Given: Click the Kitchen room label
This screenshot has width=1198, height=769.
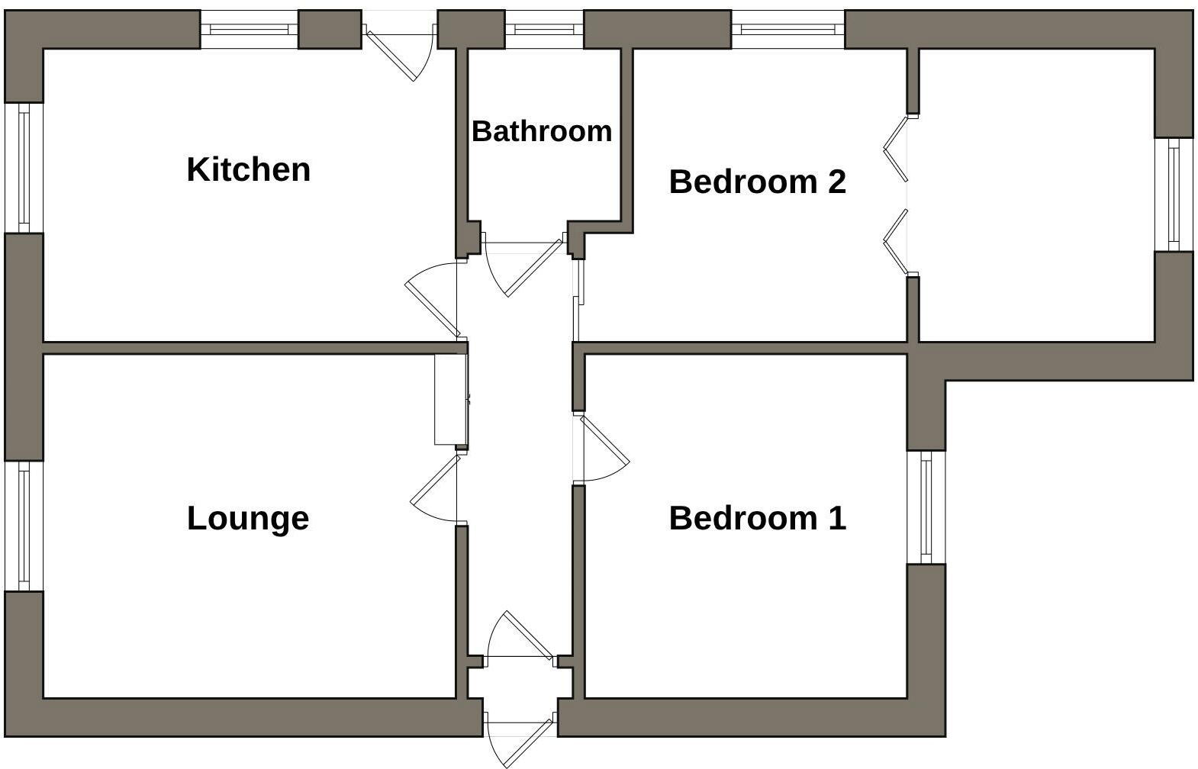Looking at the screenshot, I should click(x=249, y=169).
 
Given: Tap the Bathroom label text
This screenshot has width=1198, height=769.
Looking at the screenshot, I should click(x=542, y=131).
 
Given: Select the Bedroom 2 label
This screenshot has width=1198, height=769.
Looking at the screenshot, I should click(x=757, y=182).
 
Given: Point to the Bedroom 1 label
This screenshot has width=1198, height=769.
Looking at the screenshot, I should click(x=757, y=518).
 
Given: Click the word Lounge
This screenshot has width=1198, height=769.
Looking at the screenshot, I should click(x=248, y=518).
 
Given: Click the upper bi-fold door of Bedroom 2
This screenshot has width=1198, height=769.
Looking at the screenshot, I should click(x=896, y=148).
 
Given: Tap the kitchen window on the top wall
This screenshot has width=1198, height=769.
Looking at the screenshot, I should click(x=249, y=30).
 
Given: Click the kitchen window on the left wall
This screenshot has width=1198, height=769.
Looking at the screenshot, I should click(x=24, y=167).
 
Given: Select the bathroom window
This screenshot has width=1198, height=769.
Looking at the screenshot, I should click(x=544, y=30).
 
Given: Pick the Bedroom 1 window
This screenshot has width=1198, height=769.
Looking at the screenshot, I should click(x=926, y=507).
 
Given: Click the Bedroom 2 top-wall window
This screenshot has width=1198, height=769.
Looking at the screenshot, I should click(x=787, y=30).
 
